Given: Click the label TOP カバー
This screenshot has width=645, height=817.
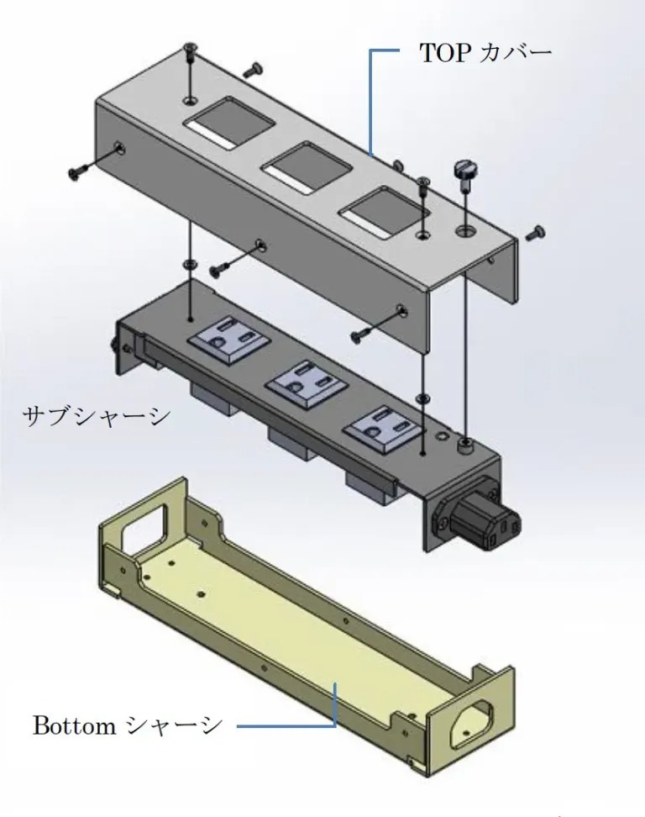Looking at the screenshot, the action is click(485, 53).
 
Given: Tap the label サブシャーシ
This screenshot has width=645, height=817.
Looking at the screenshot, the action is click(97, 416).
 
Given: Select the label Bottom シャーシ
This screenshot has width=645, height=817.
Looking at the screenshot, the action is click(128, 725).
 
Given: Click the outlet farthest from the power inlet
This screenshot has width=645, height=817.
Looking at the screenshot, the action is click(230, 340).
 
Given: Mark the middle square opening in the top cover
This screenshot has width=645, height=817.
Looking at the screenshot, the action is click(308, 167).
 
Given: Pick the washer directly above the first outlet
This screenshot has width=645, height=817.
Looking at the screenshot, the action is click(191, 264).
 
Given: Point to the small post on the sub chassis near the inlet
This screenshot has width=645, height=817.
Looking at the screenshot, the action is click(464, 445).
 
